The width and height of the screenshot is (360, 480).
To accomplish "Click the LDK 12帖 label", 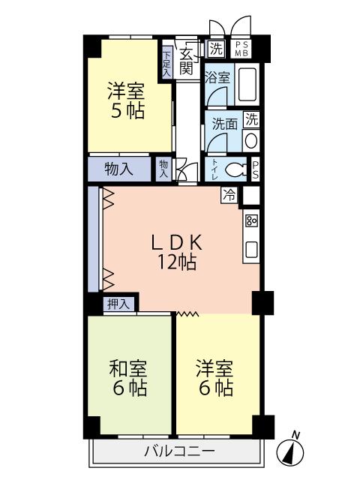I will (x=177, y=252).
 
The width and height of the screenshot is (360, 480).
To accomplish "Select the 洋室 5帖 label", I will (x=125, y=100).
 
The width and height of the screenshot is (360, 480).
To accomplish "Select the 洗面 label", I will (x=222, y=124).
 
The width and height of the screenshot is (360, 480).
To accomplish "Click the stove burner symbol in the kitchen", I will (x=251, y=220).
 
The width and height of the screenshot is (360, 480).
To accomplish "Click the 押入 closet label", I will (x=119, y=304).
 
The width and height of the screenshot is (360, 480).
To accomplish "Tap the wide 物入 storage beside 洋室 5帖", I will (x=118, y=169).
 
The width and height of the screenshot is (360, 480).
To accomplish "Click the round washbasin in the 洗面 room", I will (x=251, y=139).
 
